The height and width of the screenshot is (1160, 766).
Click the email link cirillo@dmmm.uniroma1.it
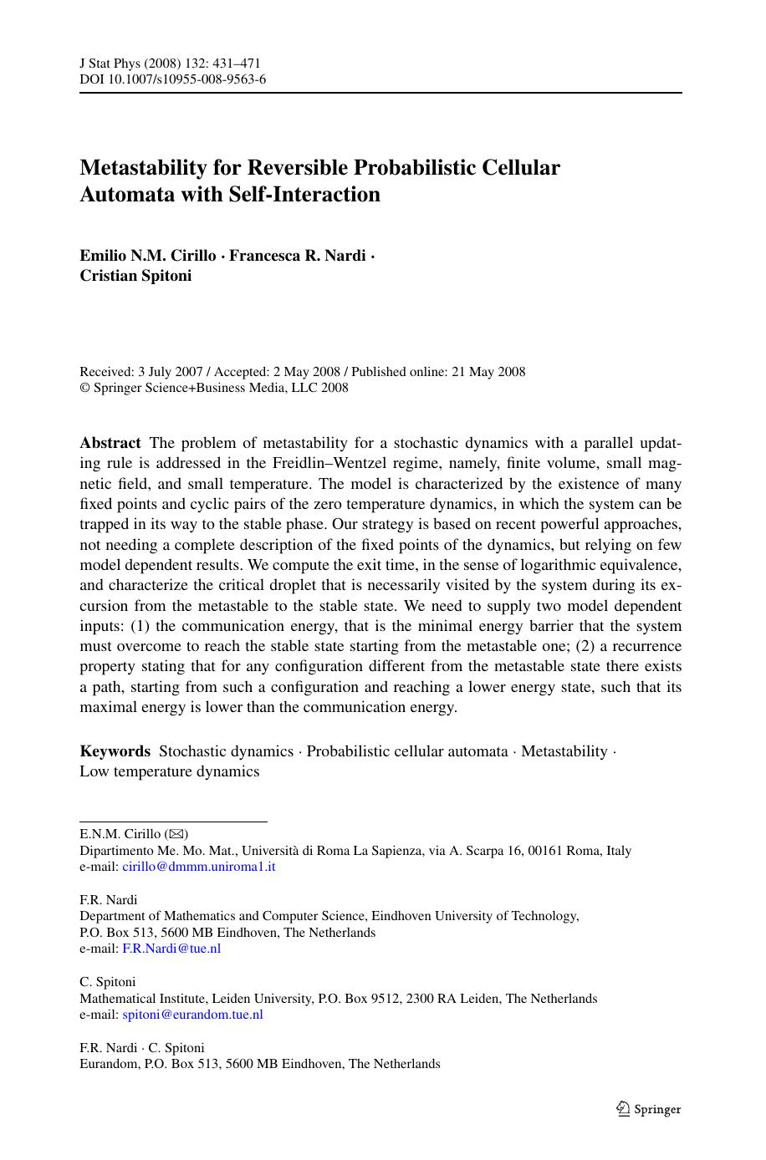point(198,867)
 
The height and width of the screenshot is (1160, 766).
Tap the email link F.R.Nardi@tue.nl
point(171,949)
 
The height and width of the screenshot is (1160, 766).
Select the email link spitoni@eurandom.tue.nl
point(192,1015)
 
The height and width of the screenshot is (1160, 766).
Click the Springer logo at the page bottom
point(649,1109)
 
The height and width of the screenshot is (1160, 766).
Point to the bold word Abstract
point(110,443)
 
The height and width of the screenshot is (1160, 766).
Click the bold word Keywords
point(115,751)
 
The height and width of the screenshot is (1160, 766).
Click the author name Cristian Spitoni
point(135,276)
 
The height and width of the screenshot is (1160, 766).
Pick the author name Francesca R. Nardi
point(297,256)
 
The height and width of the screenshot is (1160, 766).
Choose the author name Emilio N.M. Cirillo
point(147,256)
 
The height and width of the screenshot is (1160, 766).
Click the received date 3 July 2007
point(169,372)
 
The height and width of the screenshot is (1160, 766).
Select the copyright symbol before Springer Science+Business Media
point(84,388)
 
